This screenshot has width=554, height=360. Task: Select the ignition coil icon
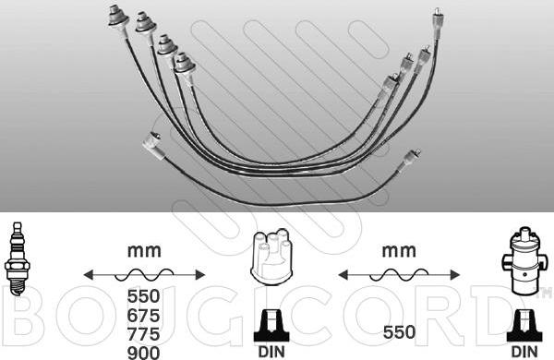tap(524, 260)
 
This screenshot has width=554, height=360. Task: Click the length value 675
tap(143, 315)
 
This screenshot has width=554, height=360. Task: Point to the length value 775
tap(143, 334)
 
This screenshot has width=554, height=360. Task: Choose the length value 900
tap(143, 353)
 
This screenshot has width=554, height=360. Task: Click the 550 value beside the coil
tap(399, 332)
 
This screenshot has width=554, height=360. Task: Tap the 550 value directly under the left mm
tap(143, 296)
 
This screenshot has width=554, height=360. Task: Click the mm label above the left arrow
tap(144, 251)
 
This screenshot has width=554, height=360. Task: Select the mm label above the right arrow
tap(399, 251)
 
